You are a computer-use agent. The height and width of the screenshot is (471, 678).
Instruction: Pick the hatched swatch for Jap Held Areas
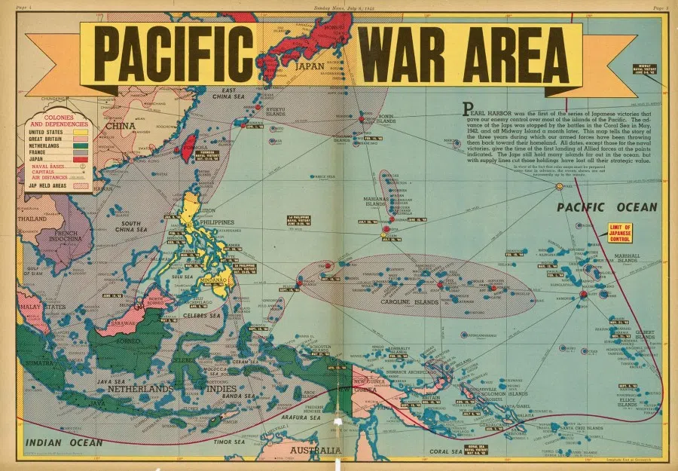(79, 185)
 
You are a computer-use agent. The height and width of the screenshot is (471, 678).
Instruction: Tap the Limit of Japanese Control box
(623, 232)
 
